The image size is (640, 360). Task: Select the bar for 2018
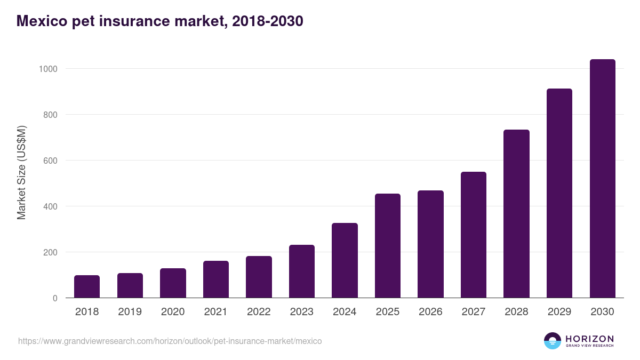[x=87, y=286]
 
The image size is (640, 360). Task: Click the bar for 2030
[x=602, y=179]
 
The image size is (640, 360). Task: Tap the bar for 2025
[x=388, y=245]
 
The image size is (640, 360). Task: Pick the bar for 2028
[x=516, y=213]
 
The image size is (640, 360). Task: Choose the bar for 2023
[x=302, y=271]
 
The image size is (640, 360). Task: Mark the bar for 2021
[x=216, y=279]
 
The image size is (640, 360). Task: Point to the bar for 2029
[x=559, y=193]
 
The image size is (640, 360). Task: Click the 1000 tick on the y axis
[x=47, y=69]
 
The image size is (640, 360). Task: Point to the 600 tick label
[x=50, y=161]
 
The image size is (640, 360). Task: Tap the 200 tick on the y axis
[x=50, y=252]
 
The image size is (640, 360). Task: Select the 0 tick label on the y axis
[x=55, y=298]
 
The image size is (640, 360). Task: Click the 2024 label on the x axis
[x=345, y=312]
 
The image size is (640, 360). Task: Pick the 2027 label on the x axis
[x=473, y=312]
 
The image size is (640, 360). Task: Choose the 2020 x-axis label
[x=173, y=312]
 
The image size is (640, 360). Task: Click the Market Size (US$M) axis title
[x=21, y=172]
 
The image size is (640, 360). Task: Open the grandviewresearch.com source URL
[x=170, y=341]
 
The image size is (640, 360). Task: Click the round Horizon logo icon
[x=552, y=341]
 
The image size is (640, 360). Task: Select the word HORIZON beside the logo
[x=589, y=339]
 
